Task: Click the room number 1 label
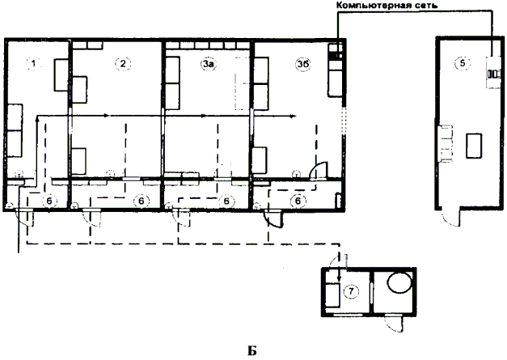click(x=33, y=63)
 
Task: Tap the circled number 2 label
click(x=123, y=63)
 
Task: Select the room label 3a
click(x=209, y=64)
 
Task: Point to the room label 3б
click(x=303, y=64)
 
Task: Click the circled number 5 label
click(x=463, y=63)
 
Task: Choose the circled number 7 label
click(x=351, y=291)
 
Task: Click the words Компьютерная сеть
click(x=387, y=5)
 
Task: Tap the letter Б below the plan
click(x=252, y=351)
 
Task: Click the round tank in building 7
click(x=399, y=282)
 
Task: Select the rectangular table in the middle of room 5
click(x=474, y=146)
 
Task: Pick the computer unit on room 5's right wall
click(x=494, y=72)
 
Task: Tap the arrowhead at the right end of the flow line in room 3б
click(x=294, y=116)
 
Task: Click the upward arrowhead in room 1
click(x=37, y=120)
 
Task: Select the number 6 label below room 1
click(x=49, y=201)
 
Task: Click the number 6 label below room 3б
click(x=298, y=201)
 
